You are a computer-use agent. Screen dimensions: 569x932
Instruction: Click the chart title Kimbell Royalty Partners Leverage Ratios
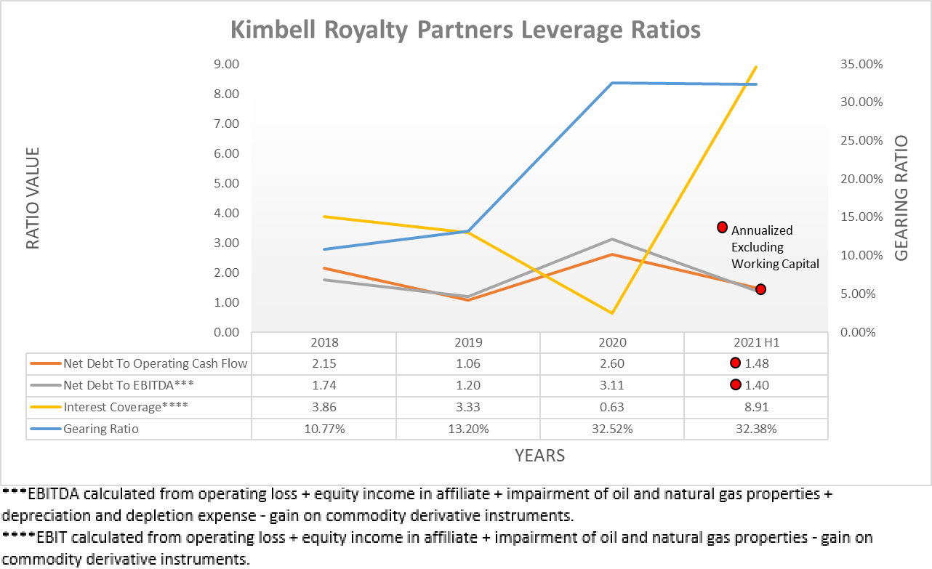click(x=465, y=31)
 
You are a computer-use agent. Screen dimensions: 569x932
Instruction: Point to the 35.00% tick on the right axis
click(x=861, y=64)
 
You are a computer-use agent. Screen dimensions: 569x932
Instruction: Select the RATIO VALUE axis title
click(x=33, y=198)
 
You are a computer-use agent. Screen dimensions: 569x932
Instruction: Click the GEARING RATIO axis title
click(x=901, y=198)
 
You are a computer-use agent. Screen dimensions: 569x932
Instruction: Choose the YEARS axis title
click(x=539, y=456)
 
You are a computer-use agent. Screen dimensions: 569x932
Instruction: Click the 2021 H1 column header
click(x=756, y=342)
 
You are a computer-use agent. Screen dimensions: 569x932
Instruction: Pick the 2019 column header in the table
click(x=468, y=342)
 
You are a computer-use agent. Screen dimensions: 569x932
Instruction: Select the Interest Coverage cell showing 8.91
click(x=756, y=407)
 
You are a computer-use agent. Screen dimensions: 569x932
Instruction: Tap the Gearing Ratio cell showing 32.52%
click(x=612, y=429)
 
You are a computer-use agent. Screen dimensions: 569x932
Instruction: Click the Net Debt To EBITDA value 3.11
click(x=612, y=385)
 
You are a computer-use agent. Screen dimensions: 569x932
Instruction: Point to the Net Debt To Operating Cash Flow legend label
click(x=156, y=363)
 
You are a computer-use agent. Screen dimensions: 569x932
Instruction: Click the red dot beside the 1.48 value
click(x=735, y=363)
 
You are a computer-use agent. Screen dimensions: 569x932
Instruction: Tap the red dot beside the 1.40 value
click(x=735, y=384)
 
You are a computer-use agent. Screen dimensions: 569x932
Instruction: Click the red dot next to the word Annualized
click(x=723, y=227)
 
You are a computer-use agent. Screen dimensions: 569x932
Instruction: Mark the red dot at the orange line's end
click(x=760, y=289)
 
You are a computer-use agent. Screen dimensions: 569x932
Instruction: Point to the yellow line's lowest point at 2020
click(x=612, y=313)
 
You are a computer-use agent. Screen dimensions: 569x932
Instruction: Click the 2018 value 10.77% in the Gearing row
click(x=324, y=429)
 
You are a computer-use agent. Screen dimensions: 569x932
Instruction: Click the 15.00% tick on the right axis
click(x=861, y=217)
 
